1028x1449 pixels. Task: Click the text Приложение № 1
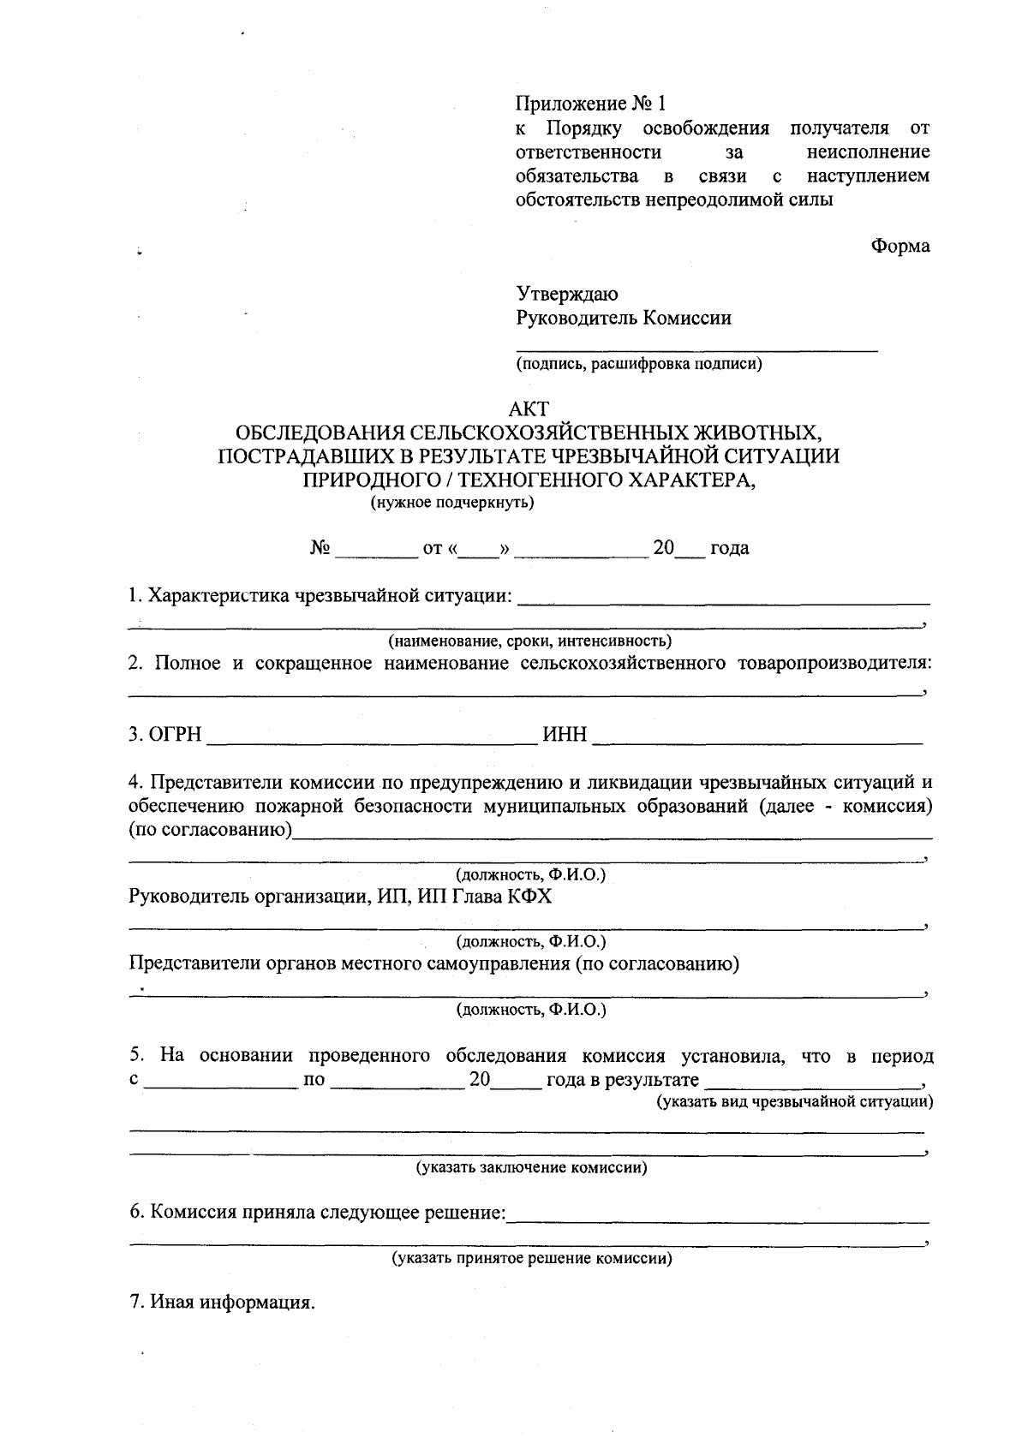[590, 104]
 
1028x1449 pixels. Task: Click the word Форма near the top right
[900, 247]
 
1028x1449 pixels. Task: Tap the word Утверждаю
[566, 295]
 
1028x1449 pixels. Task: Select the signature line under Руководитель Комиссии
[696, 349]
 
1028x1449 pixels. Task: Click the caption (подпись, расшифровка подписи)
[638, 365]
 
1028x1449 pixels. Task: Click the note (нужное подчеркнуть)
[451, 503]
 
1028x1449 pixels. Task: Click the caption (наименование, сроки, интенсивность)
[529, 641]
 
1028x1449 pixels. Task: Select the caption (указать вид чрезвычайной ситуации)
[794, 1101]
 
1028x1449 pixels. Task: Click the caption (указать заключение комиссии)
[531, 1168]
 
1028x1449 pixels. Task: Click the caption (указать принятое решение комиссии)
[532, 1259]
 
